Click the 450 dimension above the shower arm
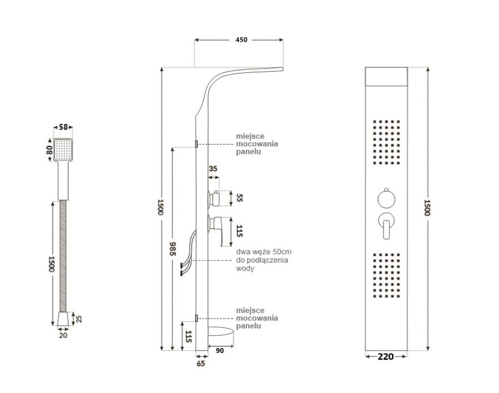(241, 40)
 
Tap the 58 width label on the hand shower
(63, 127)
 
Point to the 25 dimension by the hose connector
(79, 319)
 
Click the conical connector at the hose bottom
(63, 319)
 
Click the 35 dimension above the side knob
(213, 169)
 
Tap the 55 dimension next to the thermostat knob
(238, 197)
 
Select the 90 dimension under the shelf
(220, 351)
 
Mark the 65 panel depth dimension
(201, 363)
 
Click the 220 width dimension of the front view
(385, 356)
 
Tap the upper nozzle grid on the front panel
(386, 141)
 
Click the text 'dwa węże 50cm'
(264, 252)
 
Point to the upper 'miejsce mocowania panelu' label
(257, 144)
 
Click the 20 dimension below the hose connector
(63, 335)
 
